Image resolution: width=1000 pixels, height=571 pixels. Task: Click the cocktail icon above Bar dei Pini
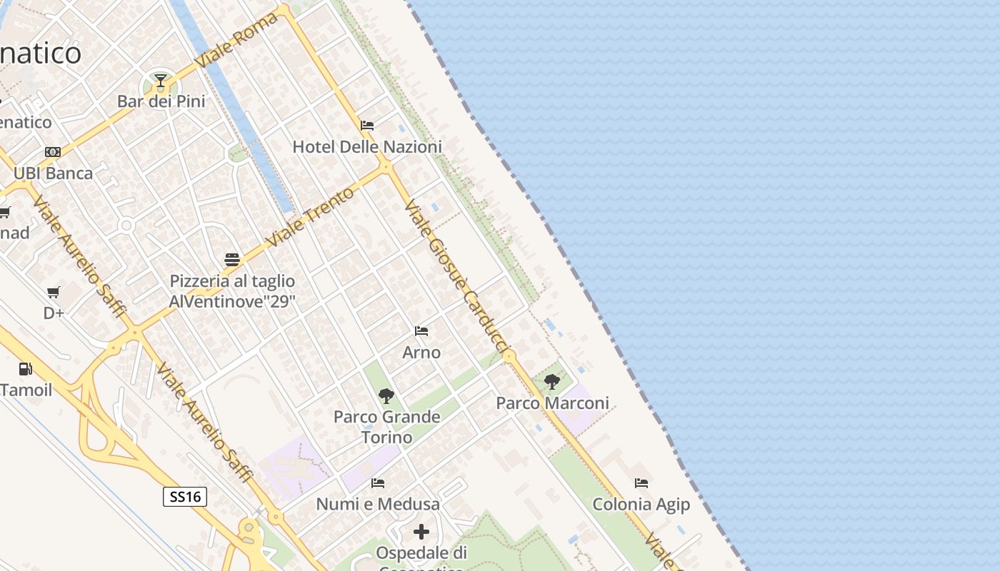(x=161, y=80)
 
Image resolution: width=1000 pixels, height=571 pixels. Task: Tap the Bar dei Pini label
(x=161, y=101)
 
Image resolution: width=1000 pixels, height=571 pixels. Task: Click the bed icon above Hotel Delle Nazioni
(x=367, y=126)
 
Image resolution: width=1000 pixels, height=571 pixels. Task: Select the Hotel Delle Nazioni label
(x=367, y=147)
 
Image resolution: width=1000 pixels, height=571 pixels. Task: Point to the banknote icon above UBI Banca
(x=53, y=152)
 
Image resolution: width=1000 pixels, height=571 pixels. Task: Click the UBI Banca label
(x=53, y=173)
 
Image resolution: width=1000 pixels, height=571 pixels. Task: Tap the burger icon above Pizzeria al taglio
(x=232, y=259)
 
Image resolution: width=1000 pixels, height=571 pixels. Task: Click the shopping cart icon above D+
(x=54, y=292)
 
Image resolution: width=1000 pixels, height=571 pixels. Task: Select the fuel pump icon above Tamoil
(x=26, y=369)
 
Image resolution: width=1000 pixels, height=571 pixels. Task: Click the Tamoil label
(x=26, y=390)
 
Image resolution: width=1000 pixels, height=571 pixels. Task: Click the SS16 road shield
(x=185, y=497)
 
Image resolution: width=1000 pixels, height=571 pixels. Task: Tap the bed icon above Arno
(x=421, y=331)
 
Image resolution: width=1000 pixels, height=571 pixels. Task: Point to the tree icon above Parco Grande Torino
(x=386, y=395)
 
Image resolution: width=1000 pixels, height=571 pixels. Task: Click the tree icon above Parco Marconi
(x=552, y=382)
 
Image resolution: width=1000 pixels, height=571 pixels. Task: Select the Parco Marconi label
(x=553, y=403)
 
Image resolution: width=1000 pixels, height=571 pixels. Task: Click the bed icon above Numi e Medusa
(x=378, y=483)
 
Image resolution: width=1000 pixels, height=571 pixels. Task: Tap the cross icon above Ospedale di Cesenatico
(x=421, y=532)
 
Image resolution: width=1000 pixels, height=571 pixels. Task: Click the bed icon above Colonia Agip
(x=641, y=483)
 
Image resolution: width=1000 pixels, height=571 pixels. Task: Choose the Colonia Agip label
(x=641, y=505)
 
